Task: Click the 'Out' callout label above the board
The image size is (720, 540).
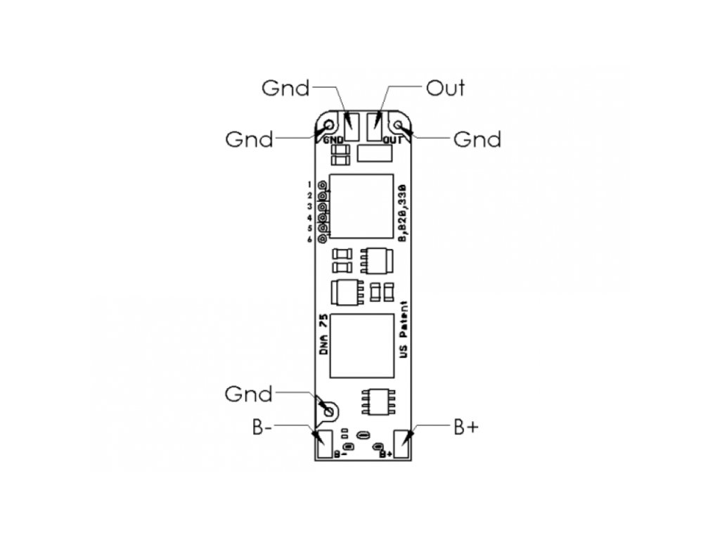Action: (x=445, y=89)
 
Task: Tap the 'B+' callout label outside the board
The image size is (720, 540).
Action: (x=465, y=427)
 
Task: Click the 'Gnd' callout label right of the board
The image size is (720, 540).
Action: (x=477, y=139)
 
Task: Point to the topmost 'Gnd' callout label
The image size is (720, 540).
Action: (x=285, y=88)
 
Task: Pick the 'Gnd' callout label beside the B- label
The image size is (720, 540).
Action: (x=248, y=394)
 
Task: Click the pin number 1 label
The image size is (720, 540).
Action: (x=309, y=184)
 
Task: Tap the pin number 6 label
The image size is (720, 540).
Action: (x=309, y=240)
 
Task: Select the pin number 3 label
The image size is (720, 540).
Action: (x=309, y=207)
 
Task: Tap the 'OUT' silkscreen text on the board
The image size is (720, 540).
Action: (x=391, y=140)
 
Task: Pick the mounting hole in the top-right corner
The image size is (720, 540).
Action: (x=399, y=126)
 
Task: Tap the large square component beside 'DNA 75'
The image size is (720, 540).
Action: (x=362, y=345)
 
